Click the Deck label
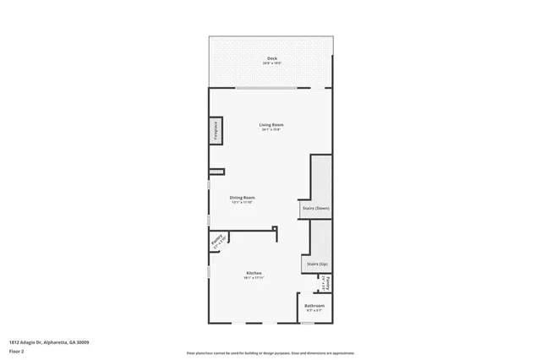(270, 58)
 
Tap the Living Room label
(270, 125)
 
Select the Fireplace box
(216, 133)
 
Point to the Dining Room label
(242, 198)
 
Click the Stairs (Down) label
(315, 208)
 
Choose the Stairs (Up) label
(317, 265)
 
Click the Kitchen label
(254, 272)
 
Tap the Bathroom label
(314, 306)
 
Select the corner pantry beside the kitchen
(216, 241)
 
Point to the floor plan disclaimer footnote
(270, 352)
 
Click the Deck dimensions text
(270, 63)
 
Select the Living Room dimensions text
(270, 130)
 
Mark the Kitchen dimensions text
(254, 277)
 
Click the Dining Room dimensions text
(242, 203)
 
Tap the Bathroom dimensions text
(314, 311)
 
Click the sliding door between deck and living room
(270, 87)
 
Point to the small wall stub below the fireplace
(217, 172)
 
